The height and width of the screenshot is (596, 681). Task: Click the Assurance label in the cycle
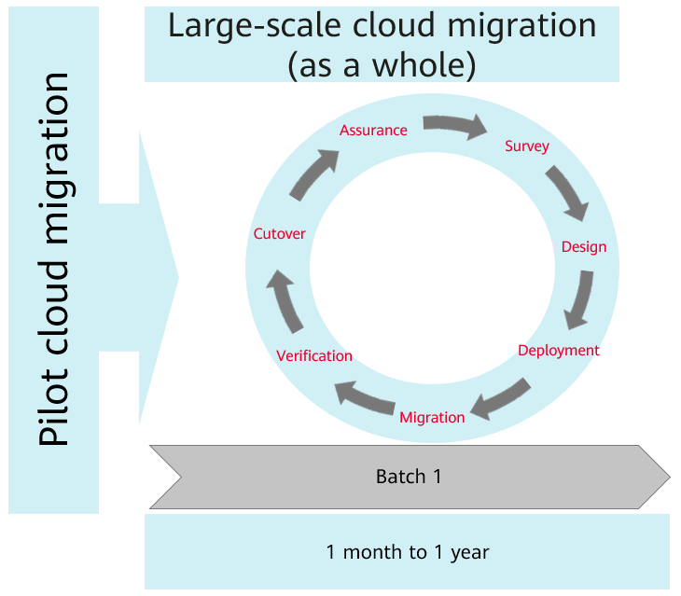tap(373, 131)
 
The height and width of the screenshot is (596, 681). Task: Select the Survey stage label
tap(527, 146)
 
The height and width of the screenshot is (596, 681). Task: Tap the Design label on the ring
tap(584, 247)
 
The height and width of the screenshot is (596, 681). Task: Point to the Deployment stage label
tap(559, 351)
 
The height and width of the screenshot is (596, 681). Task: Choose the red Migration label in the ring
tap(432, 418)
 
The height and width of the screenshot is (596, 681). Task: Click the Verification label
tap(314, 356)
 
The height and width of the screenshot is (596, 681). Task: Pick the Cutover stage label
tap(279, 234)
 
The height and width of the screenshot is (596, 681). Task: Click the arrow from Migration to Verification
tap(364, 397)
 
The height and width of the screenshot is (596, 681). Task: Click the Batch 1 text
tap(409, 477)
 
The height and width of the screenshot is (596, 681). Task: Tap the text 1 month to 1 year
tap(408, 552)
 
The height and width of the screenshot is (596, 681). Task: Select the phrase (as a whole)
tap(382, 66)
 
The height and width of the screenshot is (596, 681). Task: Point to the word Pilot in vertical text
tap(54, 407)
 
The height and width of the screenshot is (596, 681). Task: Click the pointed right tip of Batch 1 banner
tap(670, 477)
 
